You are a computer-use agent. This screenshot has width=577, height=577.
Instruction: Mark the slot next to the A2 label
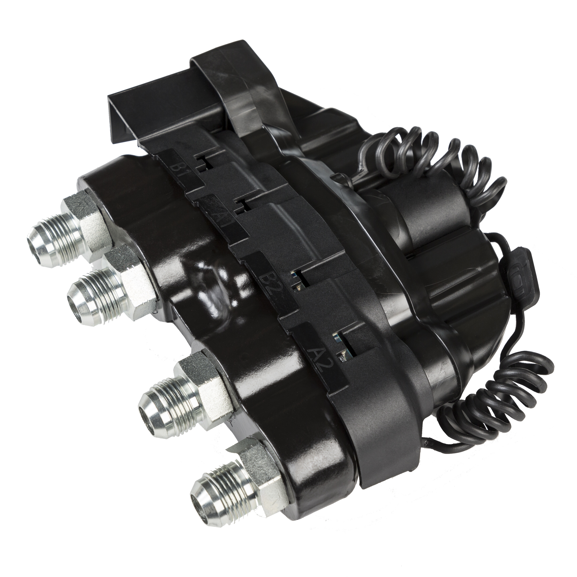pos(345,343)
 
